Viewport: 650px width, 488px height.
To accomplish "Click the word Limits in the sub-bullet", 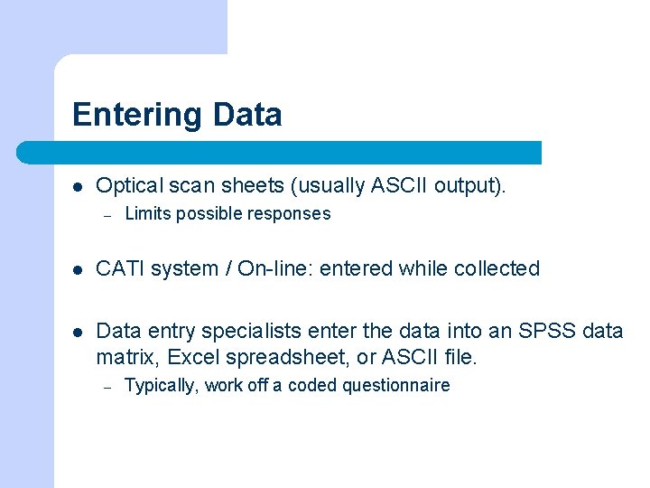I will [x=147, y=214].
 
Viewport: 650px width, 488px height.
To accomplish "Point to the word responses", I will [x=290, y=214].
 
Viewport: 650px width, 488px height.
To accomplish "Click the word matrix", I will [x=124, y=357].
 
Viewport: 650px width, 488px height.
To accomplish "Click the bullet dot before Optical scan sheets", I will [x=79, y=187].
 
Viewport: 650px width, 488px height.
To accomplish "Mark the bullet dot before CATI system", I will [x=79, y=269].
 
